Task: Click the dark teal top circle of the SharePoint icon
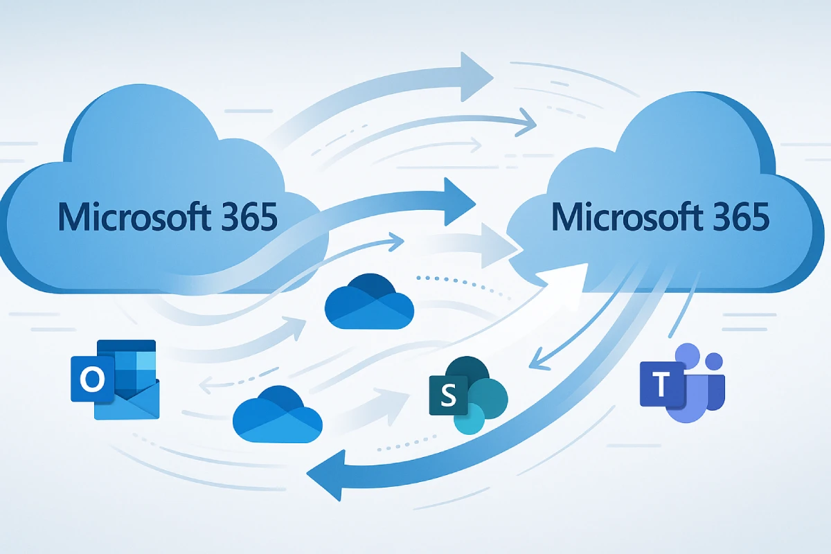468,374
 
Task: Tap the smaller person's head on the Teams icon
713,361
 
